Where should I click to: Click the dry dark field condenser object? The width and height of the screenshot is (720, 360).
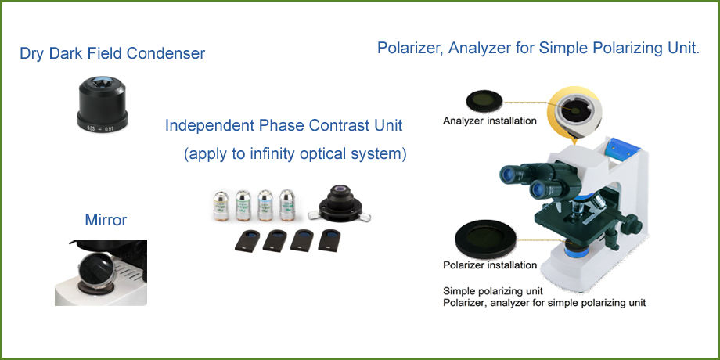[103, 105]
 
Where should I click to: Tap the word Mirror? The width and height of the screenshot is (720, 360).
[106, 220]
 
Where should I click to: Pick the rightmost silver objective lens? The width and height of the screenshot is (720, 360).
[287, 205]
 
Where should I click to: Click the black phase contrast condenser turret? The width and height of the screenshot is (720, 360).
[340, 204]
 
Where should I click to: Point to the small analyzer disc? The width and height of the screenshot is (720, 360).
[484, 101]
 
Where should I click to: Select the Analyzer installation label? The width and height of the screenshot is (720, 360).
[489, 121]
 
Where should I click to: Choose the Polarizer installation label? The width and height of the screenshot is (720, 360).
[489, 265]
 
